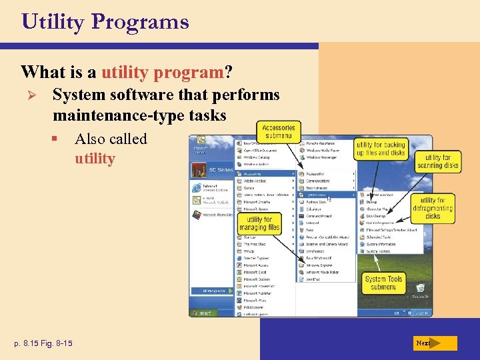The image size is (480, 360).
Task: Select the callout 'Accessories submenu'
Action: click(279, 131)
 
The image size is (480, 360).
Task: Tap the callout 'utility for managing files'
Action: click(259, 223)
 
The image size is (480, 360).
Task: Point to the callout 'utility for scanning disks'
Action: click(437, 162)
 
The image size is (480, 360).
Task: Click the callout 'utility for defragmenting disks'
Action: click(433, 208)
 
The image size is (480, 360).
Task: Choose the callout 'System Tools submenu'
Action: click(383, 283)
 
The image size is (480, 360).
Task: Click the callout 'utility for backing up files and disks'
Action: click(380, 149)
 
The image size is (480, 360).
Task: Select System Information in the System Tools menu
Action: click(381, 244)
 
